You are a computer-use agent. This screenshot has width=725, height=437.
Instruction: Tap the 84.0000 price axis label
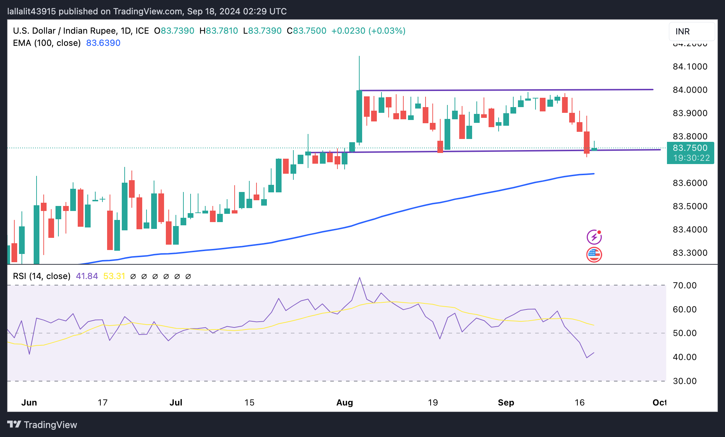690,90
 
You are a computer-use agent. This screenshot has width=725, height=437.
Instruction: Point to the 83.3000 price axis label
690,253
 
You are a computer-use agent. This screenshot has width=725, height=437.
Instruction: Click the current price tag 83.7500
690,148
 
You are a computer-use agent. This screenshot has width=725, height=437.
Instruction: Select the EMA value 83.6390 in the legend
103,43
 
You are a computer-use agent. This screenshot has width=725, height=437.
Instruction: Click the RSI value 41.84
87,276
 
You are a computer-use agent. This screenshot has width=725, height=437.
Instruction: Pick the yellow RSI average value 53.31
114,276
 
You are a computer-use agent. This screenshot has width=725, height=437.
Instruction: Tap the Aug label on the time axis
345,403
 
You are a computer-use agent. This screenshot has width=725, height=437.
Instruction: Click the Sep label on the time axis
506,403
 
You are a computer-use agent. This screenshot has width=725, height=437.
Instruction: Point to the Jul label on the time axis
176,403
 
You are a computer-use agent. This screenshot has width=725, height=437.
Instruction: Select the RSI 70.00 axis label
685,285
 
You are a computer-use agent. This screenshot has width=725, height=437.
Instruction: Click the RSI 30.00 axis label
685,381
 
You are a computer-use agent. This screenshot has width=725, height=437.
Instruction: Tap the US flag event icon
594,255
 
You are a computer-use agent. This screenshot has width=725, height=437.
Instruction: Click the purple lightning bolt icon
594,237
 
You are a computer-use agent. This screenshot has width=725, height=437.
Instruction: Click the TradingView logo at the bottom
42,425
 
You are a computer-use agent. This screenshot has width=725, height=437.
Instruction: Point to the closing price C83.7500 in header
307,31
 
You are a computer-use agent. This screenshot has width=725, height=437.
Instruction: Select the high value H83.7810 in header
219,31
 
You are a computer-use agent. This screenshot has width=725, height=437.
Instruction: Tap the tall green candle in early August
359,116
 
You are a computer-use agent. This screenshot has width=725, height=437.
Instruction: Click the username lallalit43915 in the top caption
32,11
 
